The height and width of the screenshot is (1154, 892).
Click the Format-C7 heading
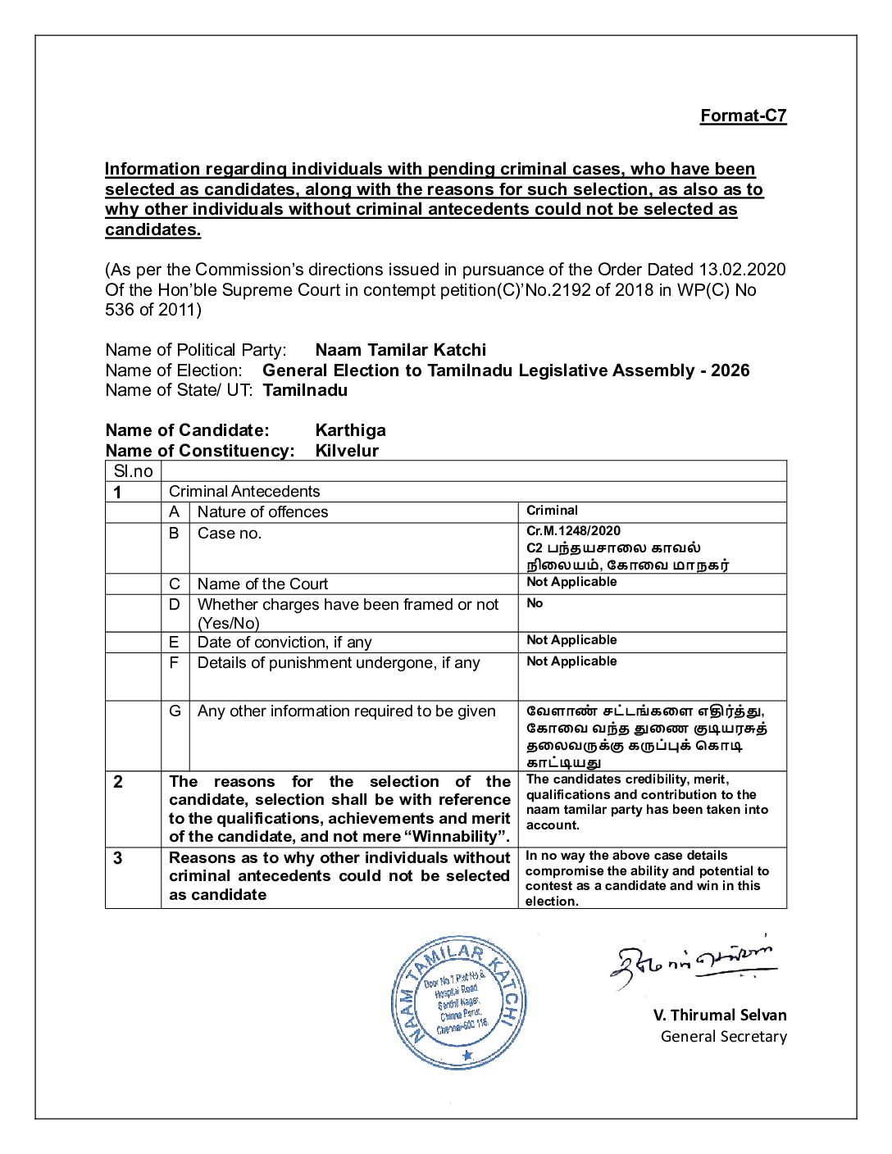coord(743,116)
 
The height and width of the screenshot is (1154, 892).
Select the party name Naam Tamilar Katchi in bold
coord(400,350)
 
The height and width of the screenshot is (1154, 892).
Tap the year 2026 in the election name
coord(730,370)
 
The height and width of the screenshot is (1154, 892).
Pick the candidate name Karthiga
coord(350,430)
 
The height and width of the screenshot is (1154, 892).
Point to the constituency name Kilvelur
coord(347,451)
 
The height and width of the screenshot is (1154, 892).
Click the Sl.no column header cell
coord(133,471)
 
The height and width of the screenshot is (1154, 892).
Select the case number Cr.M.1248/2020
coord(573,531)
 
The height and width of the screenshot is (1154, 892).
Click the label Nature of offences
coord(262,512)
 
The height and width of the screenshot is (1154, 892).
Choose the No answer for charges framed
coord(535,603)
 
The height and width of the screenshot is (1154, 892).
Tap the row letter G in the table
coord(175,711)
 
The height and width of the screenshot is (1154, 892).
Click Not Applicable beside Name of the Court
coord(571,582)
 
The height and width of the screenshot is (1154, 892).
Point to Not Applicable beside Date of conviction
coord(571,640)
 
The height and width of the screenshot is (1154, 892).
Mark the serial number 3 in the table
coord(118,858)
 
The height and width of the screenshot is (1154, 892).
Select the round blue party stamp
coord(458,1002)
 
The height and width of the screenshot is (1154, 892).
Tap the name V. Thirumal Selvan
coord(719,1015)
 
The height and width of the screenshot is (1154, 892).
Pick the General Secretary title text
coord(723,1037)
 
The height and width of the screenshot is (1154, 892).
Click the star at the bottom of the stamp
coord(467,1056)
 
